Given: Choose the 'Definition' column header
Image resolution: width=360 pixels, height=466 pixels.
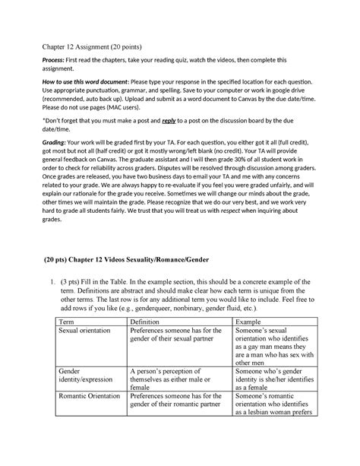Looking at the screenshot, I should click(x=149, y=365).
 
